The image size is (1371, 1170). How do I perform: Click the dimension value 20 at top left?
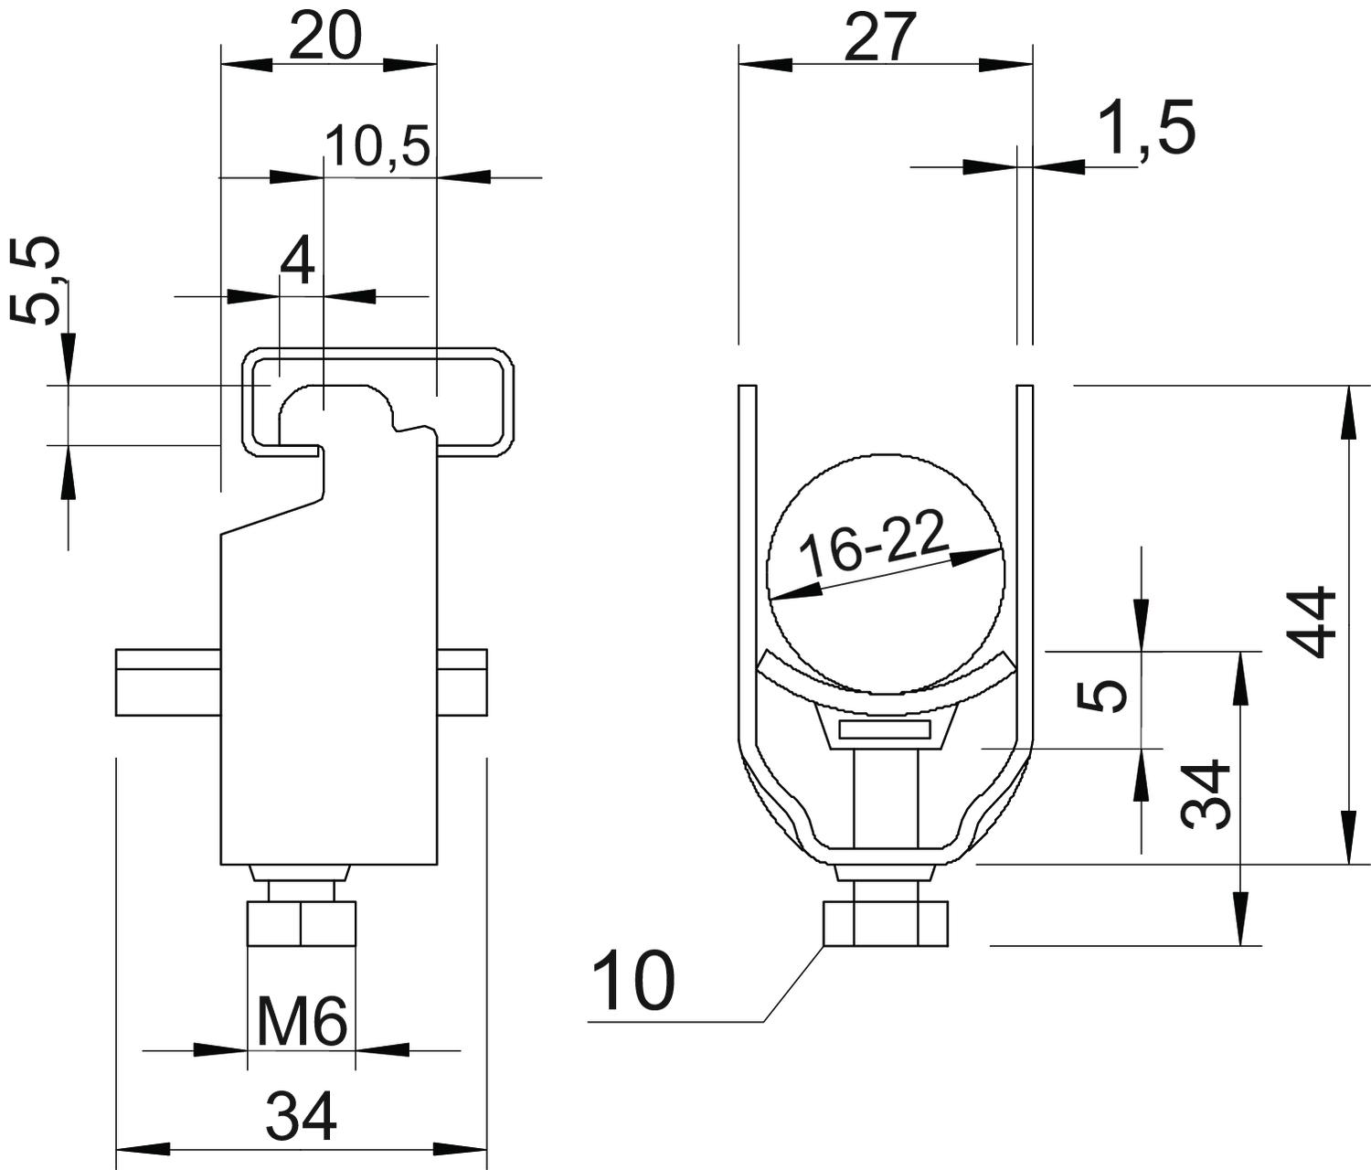[326, 38]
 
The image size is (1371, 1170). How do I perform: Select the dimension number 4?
[298, 261]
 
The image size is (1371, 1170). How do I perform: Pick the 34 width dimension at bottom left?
[302, 1116]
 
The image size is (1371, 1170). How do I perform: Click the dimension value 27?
[880, 38]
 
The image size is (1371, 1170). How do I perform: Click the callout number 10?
[633, 981]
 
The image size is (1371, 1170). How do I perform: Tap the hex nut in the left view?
[301, 924]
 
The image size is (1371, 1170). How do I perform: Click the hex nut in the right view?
[885, 924]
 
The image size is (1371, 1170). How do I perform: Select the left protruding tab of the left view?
[168, 682]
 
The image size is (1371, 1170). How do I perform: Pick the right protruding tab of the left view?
[462, 682]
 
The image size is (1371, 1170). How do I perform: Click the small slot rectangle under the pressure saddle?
[885, 729]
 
